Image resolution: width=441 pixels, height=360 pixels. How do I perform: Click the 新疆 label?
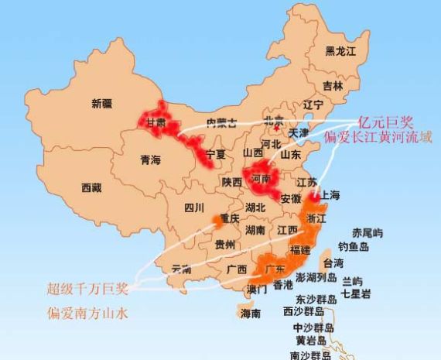[102, 104]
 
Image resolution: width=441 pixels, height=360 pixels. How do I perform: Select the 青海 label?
[150, 160]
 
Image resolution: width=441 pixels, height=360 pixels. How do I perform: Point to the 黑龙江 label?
[340, 51]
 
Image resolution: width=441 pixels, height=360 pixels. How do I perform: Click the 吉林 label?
[333, 85]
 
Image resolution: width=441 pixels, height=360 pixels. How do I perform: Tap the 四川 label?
[193, 207]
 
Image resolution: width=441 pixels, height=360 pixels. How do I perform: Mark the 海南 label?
[250, 314]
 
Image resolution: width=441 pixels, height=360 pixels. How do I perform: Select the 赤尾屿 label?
[367, 232]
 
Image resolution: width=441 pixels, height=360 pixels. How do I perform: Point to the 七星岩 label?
[356, 294]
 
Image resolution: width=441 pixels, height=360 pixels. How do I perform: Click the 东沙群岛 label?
[315, 299]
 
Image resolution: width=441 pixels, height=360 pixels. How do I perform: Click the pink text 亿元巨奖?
[386, 122]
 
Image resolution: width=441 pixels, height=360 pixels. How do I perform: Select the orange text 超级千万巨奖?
[86, 288]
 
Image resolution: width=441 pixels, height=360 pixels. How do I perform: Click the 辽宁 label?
[313, 104]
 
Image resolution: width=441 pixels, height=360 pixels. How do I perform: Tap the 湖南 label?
[257, 230]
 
